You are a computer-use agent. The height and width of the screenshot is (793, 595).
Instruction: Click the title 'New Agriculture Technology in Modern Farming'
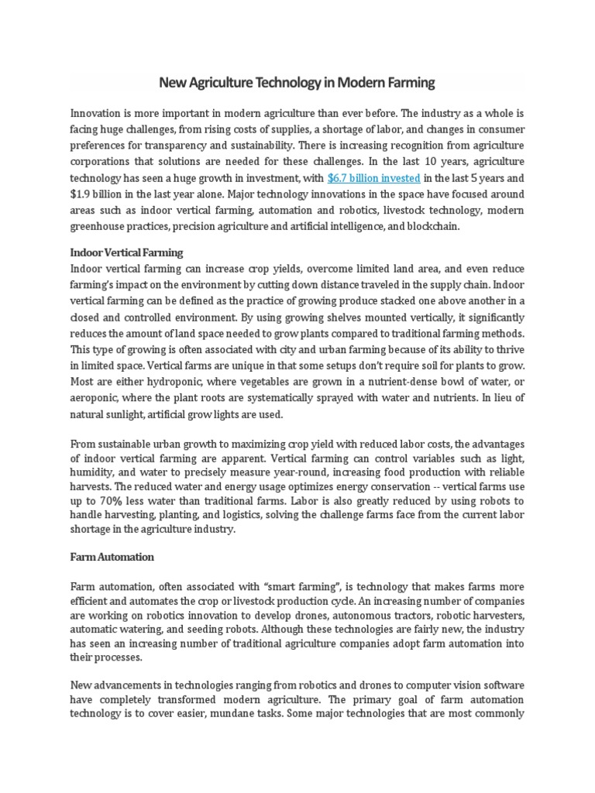tap(297, 81)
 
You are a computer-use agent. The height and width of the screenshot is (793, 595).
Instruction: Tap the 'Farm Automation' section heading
tap(112, 557)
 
